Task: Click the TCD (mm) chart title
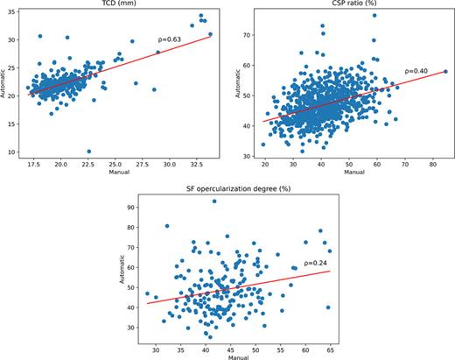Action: pyautogui.click(x=120, y=4)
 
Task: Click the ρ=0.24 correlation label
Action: pyautogui.click(x=315, y=262)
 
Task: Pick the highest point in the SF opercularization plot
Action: pyautogui.click(x=213, y=201)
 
